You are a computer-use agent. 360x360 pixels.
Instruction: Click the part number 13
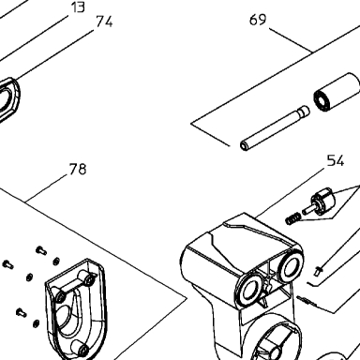click(78, 7)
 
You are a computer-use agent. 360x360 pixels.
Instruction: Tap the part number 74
click(104, 22)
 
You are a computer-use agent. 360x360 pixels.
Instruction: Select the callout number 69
click(258, 20)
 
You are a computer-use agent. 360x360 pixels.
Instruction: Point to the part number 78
click(78, 169)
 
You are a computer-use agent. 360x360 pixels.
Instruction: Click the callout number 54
click(336, 160)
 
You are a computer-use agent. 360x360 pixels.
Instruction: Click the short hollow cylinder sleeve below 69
click(337, 92)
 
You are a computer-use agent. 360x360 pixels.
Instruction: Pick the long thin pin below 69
click(275, 128)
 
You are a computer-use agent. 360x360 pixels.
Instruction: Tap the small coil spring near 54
click(292, 218)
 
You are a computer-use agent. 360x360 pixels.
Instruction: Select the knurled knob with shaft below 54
click(320, 203)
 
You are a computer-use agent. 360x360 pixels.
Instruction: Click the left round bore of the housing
click(249, 290)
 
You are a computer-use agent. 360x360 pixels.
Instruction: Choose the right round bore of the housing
click(291, 266)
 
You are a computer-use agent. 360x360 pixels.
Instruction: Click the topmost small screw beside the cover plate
click(41, 250)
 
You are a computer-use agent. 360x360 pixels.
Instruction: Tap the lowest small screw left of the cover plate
click(21, 312)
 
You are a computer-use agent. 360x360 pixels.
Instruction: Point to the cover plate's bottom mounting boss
click(81, 348)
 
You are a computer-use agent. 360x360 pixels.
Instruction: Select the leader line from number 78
click(46, 187)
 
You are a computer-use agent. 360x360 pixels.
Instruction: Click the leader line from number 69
click(291, 40)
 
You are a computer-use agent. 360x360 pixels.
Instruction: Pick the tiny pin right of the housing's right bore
click(319, 270)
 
